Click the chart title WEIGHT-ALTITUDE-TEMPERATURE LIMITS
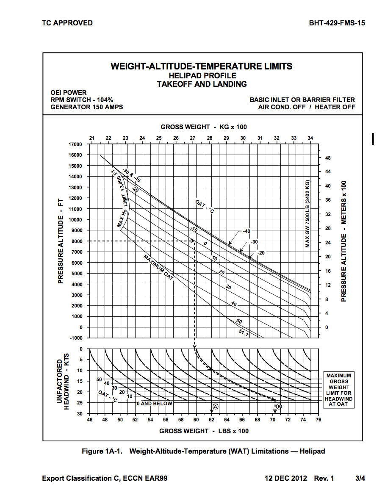pos(201,66)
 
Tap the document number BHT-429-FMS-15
pos(337,23)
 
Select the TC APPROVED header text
pos(67,23)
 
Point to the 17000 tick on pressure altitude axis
pos(75,144)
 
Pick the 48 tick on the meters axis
pos(327,158)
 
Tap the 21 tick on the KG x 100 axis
pos(91,138)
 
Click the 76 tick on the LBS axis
pos(319,420)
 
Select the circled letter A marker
pos(215,407)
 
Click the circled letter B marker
pos(279,407)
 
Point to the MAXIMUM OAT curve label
pos(158,268)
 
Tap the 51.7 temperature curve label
pos(244,333)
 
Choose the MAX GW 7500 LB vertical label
pos(308,214)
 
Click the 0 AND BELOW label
pos(154,404)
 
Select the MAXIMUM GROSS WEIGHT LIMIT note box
pos(339,390)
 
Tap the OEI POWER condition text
pos(68,93)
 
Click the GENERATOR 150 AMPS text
pos(86,107)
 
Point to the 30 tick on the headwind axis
pos(80,414)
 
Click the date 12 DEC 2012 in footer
pos(286,478)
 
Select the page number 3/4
pos(360,478)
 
